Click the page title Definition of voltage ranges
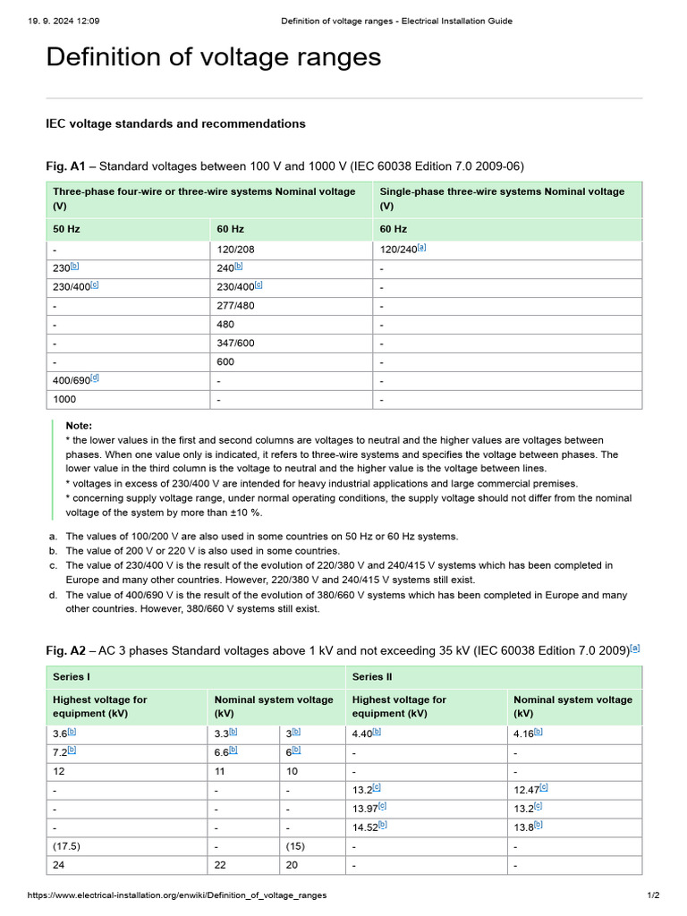213,57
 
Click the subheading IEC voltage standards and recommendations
175,123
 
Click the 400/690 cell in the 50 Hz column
72,381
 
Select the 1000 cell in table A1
64,399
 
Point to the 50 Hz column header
66,229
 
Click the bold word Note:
79,426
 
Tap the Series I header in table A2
72,676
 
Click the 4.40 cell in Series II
363,733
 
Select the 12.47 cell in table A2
528,789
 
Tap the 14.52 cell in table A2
367,827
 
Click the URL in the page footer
177,895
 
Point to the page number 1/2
653,895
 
